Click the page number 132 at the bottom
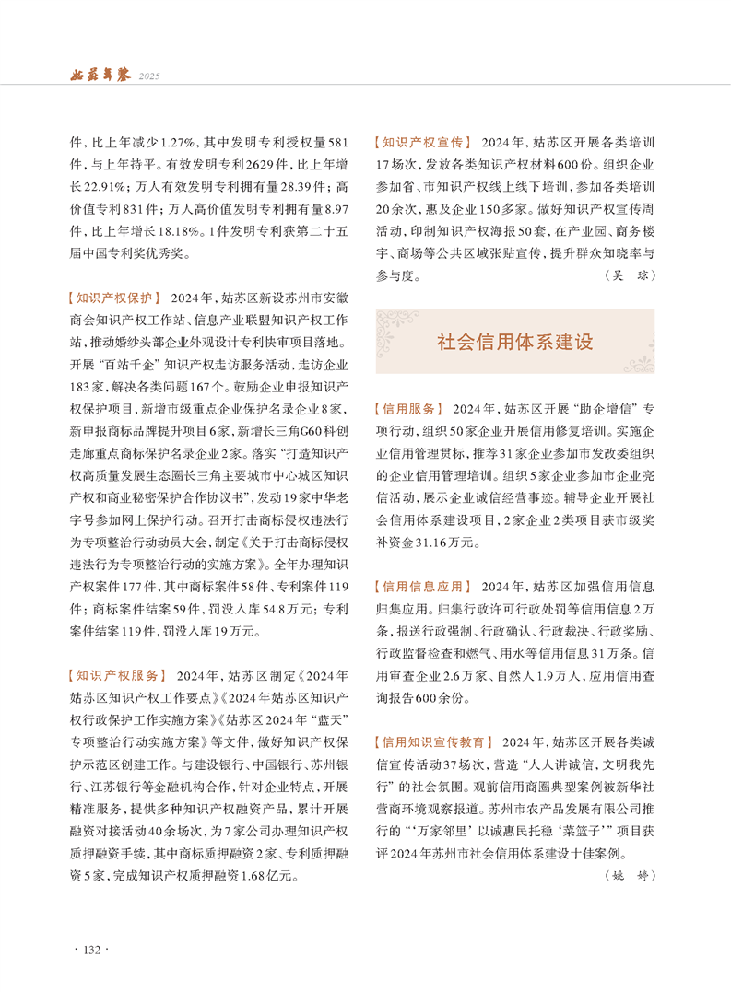(92, 950)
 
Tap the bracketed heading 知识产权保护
(115, 298)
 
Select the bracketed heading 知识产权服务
(115, 674)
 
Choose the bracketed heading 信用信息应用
(423, 586)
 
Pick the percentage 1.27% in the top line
(175, 143)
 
